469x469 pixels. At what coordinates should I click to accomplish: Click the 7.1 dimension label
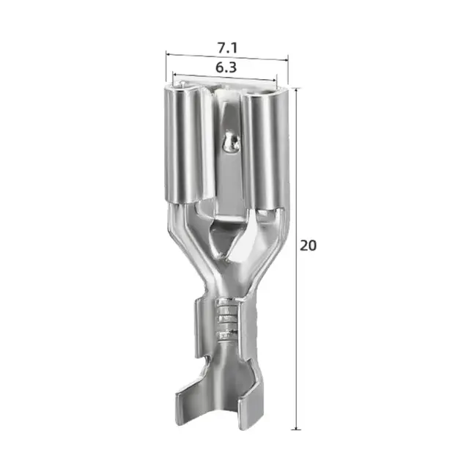coord(227,48)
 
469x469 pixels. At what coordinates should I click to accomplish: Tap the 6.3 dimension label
coord(226,67)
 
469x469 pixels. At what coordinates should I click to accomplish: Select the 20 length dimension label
coord(308,245)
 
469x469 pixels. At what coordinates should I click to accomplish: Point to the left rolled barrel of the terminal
coord(187,145)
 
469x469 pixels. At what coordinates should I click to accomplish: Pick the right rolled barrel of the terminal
coord(263,149)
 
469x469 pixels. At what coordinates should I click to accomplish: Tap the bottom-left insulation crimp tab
coord(191,398)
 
